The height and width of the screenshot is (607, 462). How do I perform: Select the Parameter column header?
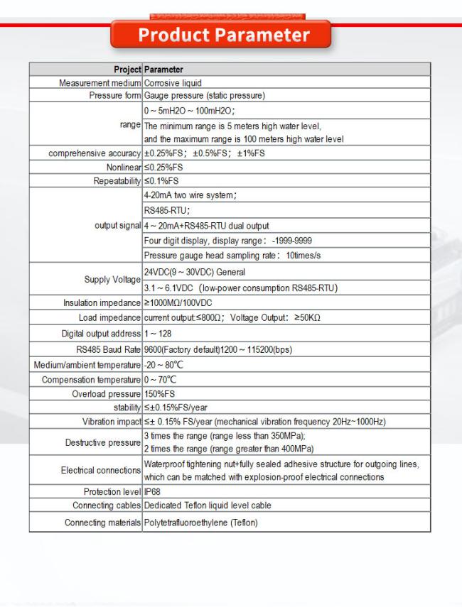[163, 70]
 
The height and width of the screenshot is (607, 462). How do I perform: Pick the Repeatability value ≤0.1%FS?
[161, 175]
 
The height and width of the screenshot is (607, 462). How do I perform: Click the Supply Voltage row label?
[112, 279]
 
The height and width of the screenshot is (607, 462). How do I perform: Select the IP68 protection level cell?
[153, 490]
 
